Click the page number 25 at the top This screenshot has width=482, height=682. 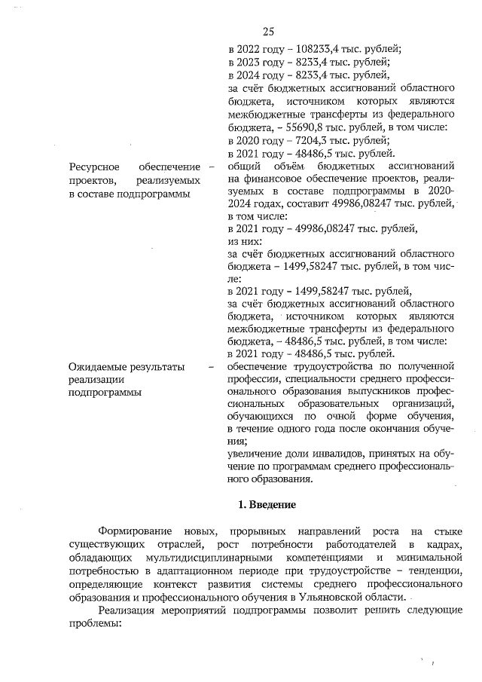[268, 31]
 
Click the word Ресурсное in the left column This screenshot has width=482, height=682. [93, 167]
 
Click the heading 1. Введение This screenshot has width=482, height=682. [267, 503]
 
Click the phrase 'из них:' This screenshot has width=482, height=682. [243, 243]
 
